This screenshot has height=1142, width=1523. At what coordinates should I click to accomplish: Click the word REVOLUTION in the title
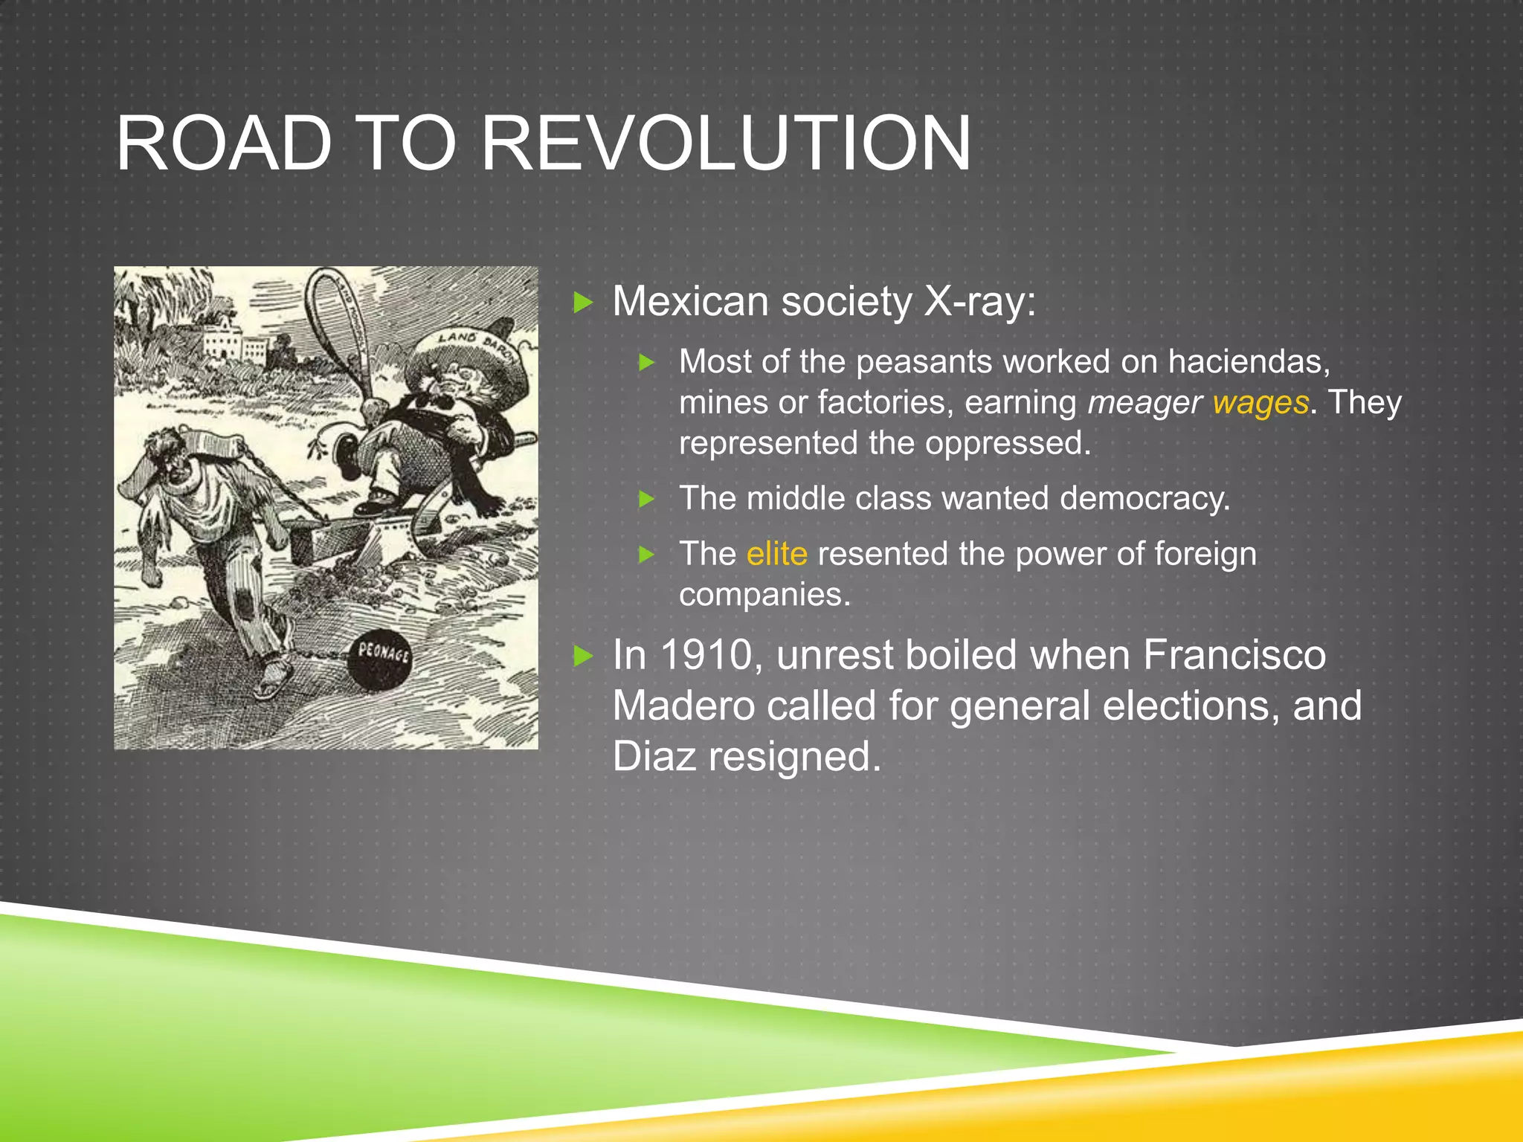726,143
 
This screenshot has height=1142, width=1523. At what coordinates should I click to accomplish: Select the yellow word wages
1260,403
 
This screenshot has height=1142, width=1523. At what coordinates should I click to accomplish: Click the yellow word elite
776,554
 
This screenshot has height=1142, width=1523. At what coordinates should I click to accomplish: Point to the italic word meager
1144,403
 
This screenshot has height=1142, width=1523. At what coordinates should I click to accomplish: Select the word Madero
683,706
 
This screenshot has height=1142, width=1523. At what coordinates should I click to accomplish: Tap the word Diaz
654,757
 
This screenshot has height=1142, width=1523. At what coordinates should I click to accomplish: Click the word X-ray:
979,302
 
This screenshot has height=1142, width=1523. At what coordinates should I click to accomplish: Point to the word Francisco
1234,656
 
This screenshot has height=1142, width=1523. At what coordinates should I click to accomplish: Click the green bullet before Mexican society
584,303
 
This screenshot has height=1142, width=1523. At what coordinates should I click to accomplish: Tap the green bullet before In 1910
584,657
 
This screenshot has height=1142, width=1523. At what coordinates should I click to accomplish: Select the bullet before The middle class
647,499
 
